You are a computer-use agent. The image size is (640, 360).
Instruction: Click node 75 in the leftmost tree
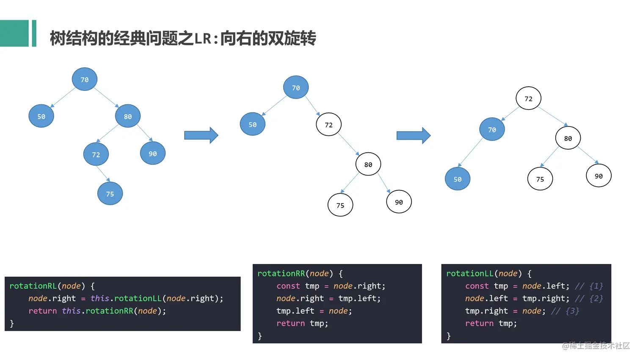[x=110, y=194]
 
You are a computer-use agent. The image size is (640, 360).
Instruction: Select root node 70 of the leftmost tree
[x=85, y=79]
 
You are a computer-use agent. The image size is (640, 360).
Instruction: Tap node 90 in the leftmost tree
[x=153, y=154]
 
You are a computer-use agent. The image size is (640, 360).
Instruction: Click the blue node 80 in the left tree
[x=128, y=116]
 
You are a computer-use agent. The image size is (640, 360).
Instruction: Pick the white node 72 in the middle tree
[x=329, y=125]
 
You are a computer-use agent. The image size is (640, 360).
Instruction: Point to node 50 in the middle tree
[x=253, y=124]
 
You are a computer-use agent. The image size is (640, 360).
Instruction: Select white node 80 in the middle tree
[x=368, y=165]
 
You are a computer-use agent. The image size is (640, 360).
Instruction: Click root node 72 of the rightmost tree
[x=528, y=99]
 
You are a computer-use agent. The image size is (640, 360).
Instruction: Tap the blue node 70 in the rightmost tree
[x=492, y=130]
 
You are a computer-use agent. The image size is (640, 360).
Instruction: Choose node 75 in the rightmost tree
[x=540, y=179]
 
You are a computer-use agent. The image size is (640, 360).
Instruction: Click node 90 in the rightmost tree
[x=599, y=176]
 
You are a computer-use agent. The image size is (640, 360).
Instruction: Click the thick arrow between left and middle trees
[x=201, y=135]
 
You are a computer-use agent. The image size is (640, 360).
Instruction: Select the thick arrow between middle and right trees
[x=413, y=135]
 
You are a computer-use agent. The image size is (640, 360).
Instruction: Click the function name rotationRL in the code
[x=33, y=286]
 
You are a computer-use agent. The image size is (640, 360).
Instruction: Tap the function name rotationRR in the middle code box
[x=281, y=274]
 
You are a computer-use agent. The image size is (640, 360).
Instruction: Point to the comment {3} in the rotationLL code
[x=565, y=311]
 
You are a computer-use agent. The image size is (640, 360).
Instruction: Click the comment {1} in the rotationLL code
[x=589, y=286]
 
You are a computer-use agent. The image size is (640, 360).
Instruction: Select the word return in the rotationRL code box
[x=42, y=311]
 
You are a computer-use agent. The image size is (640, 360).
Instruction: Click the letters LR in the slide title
[x=203, y=39]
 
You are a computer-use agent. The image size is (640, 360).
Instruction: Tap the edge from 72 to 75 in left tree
[x=103, y=174]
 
